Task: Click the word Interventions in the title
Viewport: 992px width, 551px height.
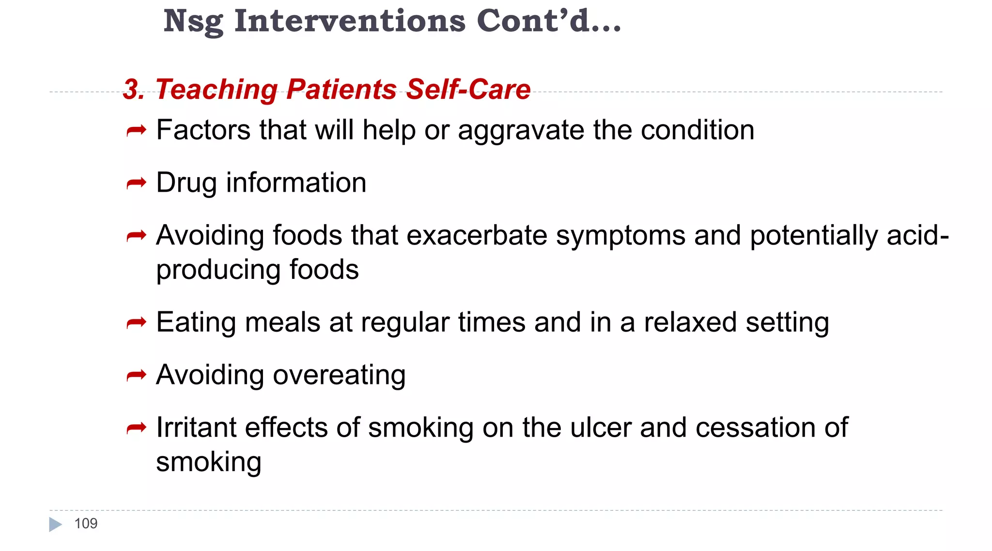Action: (350, 21)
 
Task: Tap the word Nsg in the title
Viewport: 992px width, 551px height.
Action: (193, 22)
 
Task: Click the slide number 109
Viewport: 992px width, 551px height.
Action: (86, 523)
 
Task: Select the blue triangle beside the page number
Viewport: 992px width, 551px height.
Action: (55, 524)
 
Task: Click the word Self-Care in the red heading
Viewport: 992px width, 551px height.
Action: (468, 90)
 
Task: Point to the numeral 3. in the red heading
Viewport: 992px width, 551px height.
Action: (134, 90)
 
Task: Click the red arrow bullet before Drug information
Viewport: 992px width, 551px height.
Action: (136, 184)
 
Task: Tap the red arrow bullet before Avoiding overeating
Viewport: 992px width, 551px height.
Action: (136, 375)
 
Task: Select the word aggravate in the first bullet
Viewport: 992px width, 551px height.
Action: (521, 131)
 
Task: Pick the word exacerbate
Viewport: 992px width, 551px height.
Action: (477, 235)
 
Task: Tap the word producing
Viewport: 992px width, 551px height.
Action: (218, 270)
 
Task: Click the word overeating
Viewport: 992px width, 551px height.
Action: (339, 375)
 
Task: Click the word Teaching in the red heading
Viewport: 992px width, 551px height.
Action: (216, 90)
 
